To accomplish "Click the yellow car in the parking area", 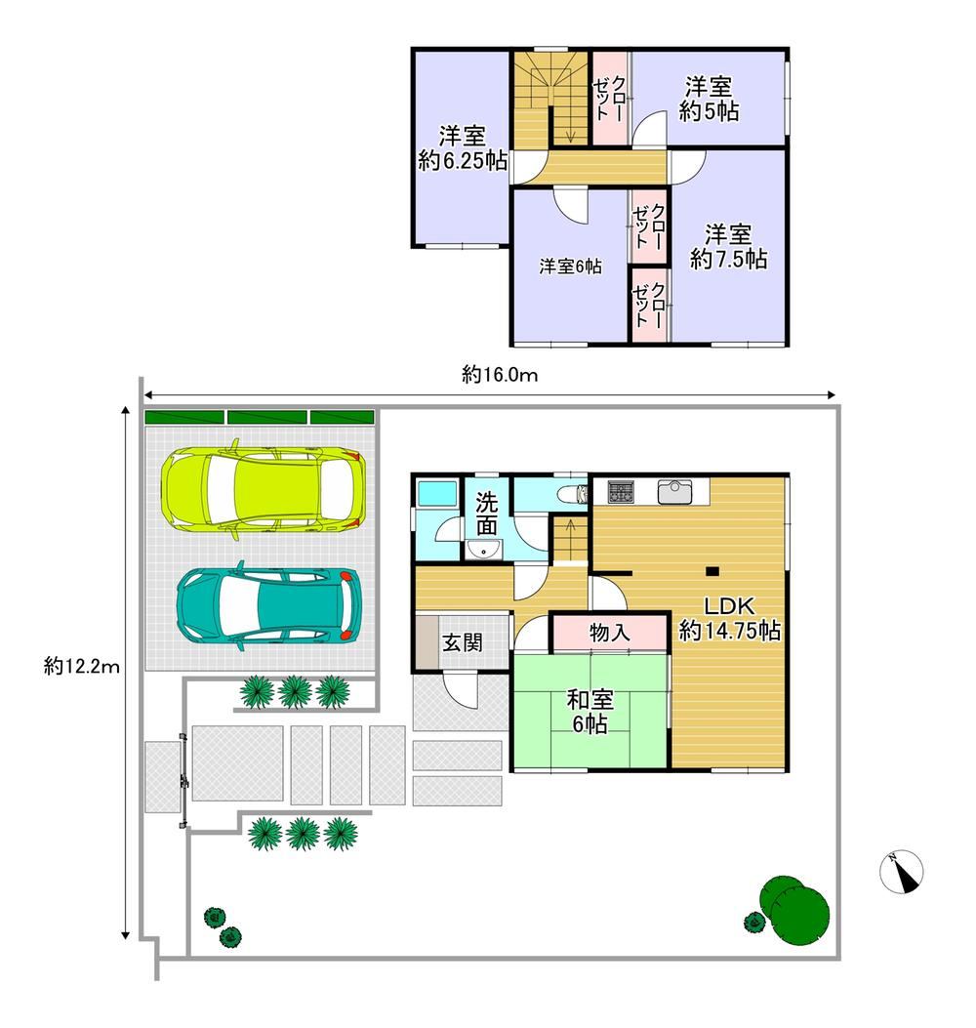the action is pos(263,489).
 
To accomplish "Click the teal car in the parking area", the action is pos(268,605).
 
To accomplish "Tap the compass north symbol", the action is pos(901,871).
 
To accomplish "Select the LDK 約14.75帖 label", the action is pos(729,618).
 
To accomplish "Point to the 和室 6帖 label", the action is pos(590,712).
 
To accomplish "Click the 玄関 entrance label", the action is pos(462,642).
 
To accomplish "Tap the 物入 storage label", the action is pos(610,633).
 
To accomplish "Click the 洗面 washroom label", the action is pos(486,514).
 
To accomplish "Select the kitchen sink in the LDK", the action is pos(674,491).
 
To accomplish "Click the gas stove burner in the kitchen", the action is pos(620,492).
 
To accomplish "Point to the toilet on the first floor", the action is pos(573,494).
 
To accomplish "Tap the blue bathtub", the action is pos(436,493).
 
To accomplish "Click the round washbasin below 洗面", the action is pos(484,550).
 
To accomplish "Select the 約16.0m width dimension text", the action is pos(500,374).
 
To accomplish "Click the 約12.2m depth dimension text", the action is pos(82,667).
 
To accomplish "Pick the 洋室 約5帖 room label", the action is pos(709,99).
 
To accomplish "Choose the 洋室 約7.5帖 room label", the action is pos(728,247).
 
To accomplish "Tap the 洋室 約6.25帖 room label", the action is pos(462,148).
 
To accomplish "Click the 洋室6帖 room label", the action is pos(570,267).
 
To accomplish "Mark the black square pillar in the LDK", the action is pos(712,571).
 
